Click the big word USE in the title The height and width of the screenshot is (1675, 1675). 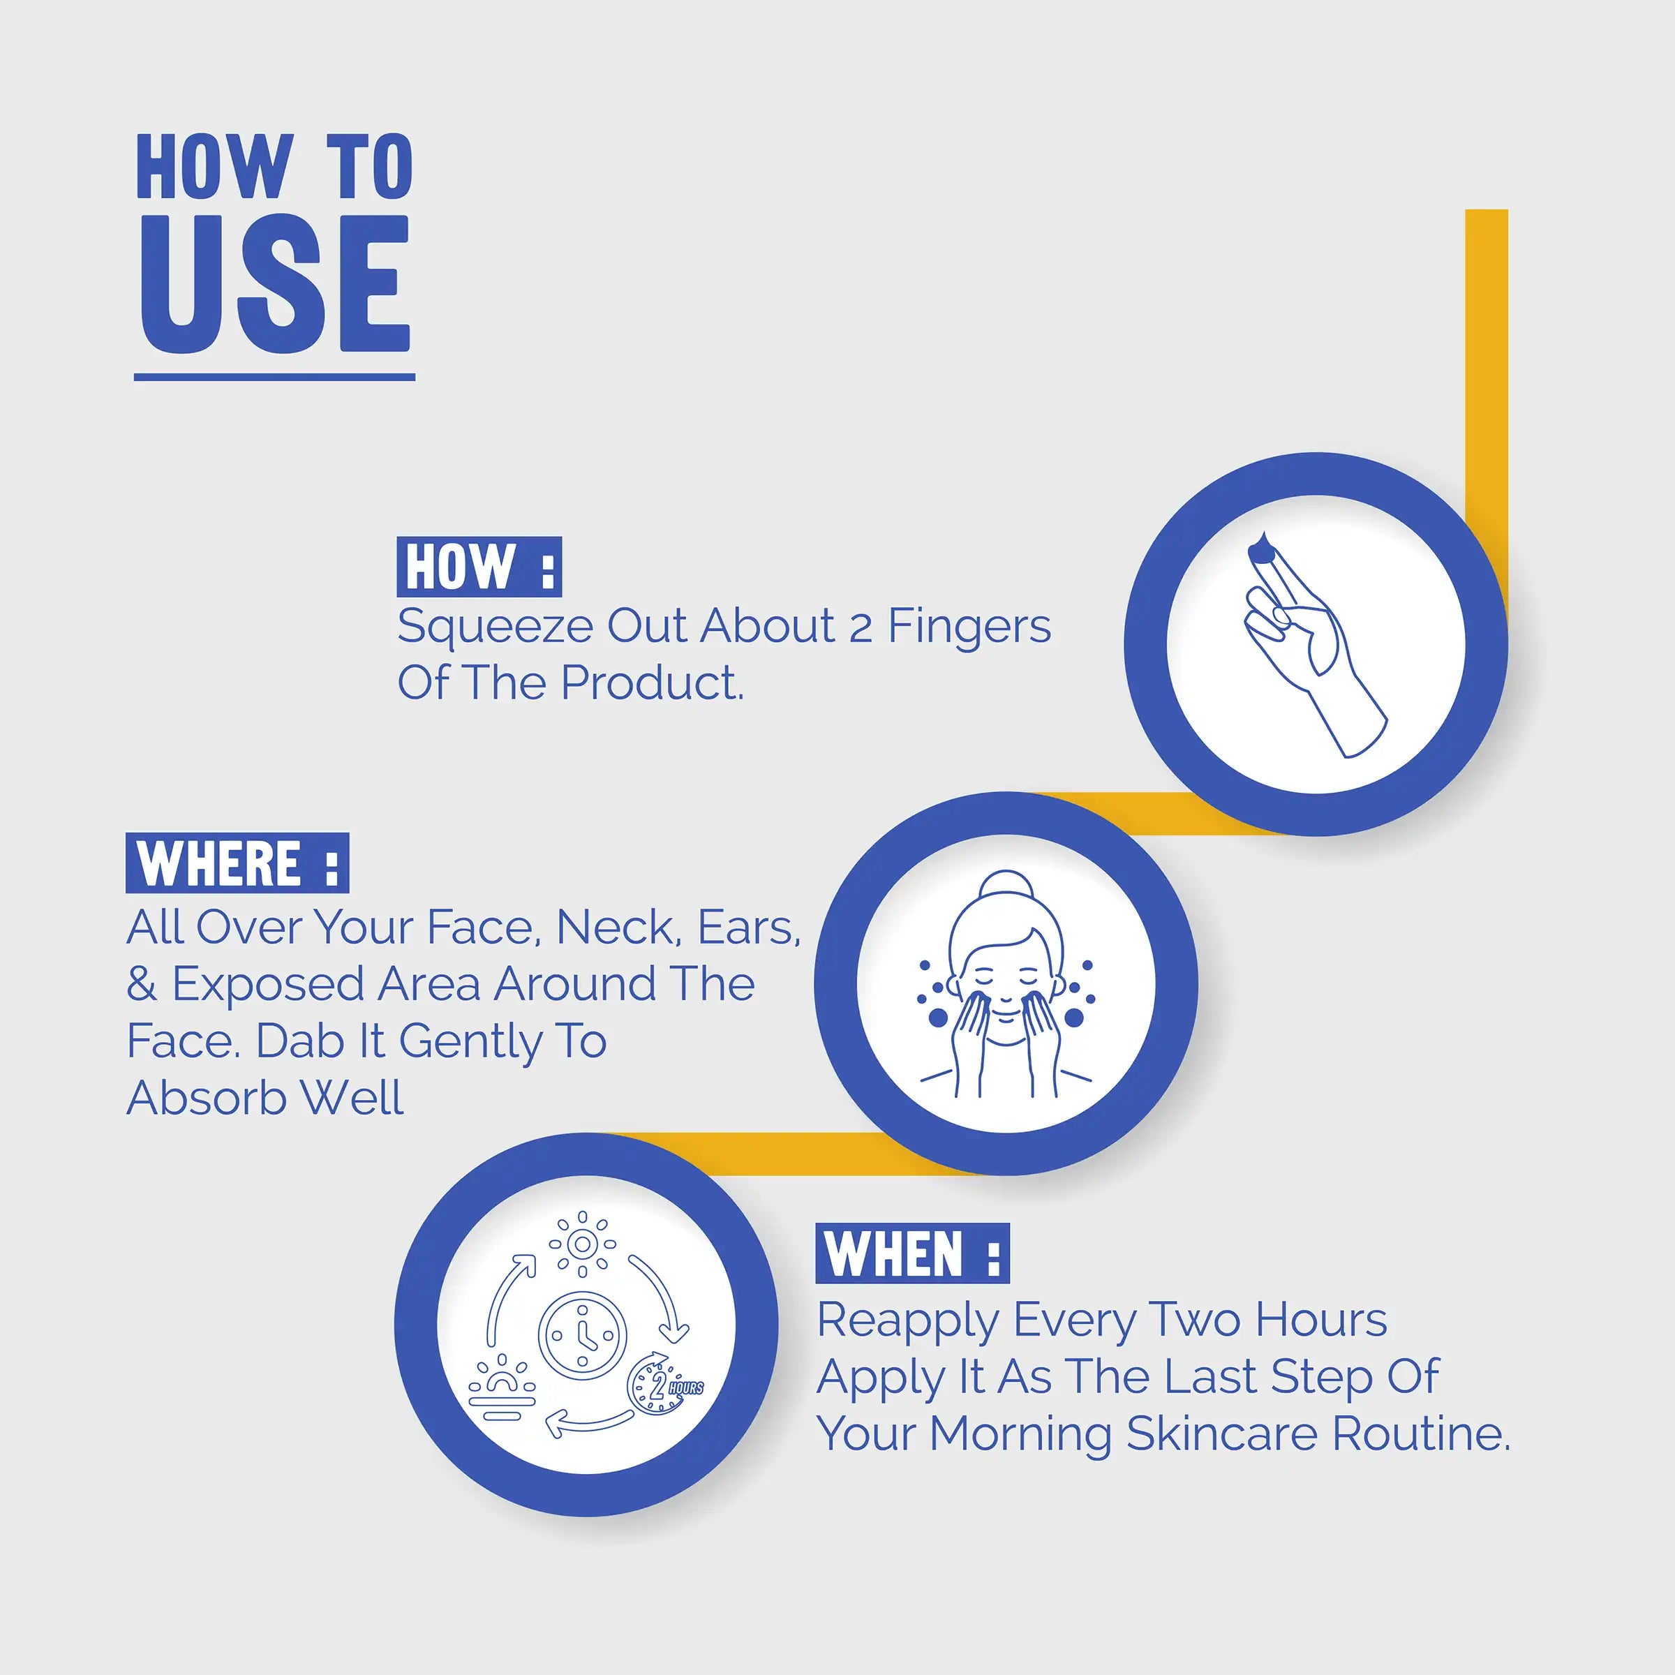point(275,284)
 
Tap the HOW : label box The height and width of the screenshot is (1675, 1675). point(479,567)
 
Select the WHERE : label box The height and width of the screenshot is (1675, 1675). point(237,863)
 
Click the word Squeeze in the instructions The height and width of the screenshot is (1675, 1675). point(494,627)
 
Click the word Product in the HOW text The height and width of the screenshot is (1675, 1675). point(650,683)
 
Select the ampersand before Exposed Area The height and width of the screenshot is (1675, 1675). point(141,985)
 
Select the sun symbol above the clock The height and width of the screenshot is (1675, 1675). point(583,1245)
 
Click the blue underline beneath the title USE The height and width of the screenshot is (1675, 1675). point(274,377)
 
